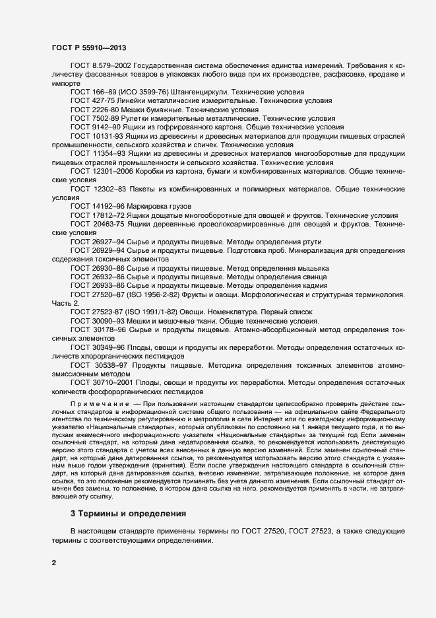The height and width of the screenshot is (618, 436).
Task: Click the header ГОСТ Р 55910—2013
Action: coord(88,48)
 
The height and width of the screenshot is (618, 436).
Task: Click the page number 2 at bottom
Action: coord(54,563)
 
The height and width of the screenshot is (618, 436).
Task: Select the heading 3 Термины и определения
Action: coord(129,513)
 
